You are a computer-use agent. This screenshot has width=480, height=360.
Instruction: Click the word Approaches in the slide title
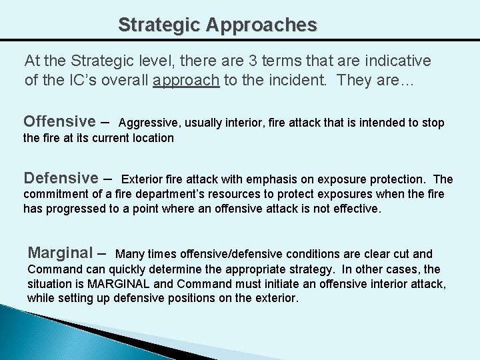tap(261, 25)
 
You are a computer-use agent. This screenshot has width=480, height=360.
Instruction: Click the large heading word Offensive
tap(59, 121)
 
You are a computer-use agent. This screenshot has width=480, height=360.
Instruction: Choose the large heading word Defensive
tap(61, 178)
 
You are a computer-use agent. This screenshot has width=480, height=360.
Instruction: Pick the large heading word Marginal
tap(60, 253)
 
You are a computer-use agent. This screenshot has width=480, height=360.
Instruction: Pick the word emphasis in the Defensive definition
tap(272, 179)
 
